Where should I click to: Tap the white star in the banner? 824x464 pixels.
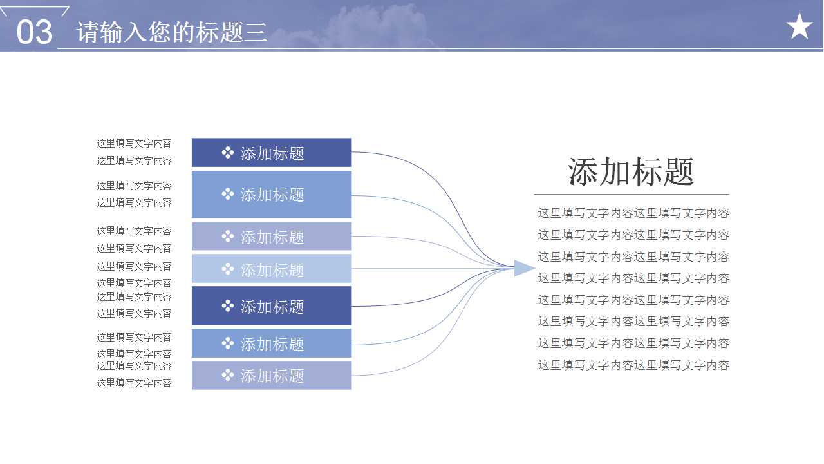799,26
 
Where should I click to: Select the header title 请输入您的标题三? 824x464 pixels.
171,32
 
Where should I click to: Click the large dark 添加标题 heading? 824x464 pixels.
631,172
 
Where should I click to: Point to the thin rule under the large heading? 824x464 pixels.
631,194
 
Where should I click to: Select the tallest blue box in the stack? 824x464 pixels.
272,194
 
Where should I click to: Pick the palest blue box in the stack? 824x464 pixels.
272,269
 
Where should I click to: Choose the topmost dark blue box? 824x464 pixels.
272,153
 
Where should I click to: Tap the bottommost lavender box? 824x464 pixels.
272,375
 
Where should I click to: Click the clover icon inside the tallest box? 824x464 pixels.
227,194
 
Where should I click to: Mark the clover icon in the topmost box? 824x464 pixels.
227,153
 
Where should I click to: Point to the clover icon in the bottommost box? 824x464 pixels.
227,374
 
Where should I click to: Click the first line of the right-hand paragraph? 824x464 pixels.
633,213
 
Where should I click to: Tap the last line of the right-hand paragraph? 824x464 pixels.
633,365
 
